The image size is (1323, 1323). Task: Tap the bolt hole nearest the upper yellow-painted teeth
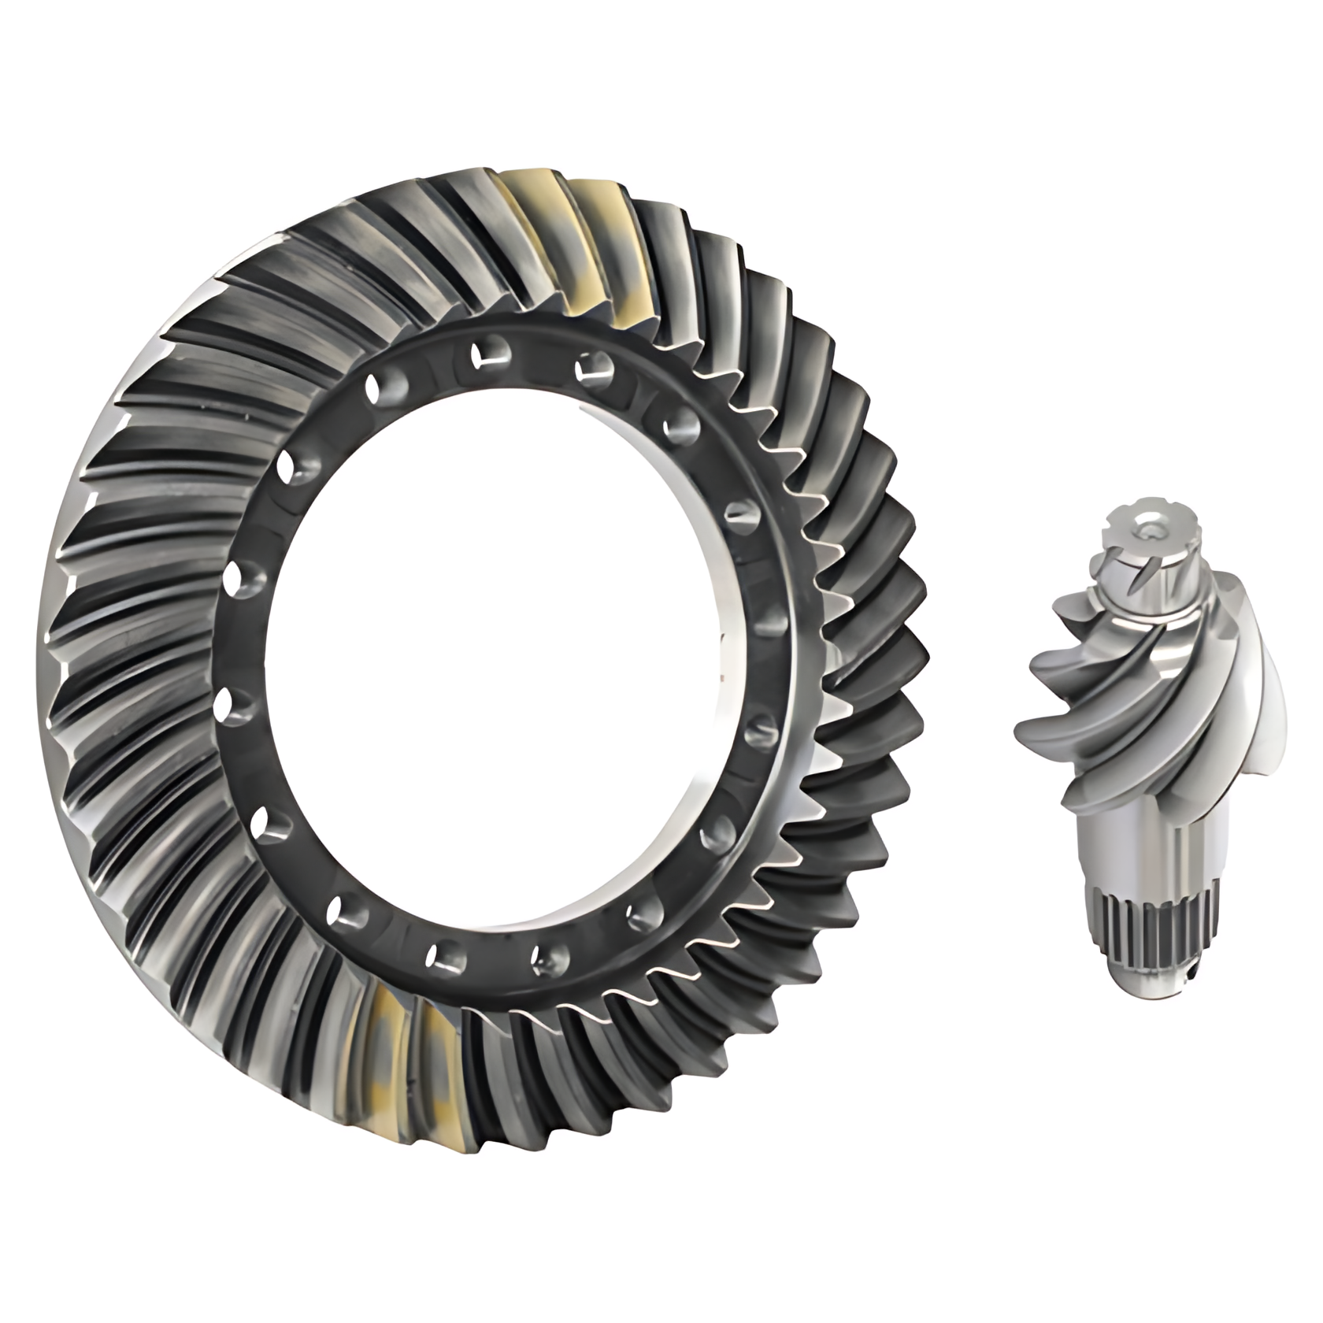click(592, 367)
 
